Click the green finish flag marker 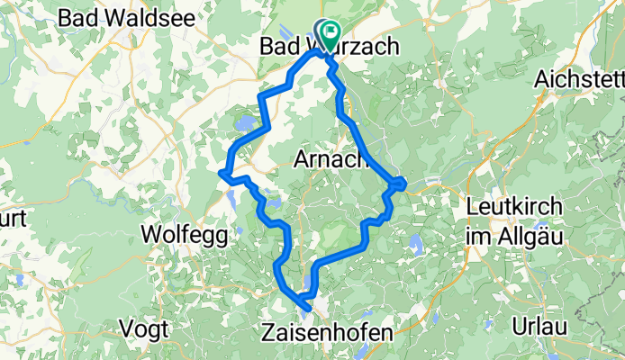330,35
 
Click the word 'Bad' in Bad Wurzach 278,45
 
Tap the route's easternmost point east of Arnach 405,184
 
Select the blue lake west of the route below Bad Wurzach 243,121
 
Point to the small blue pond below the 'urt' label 18,279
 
